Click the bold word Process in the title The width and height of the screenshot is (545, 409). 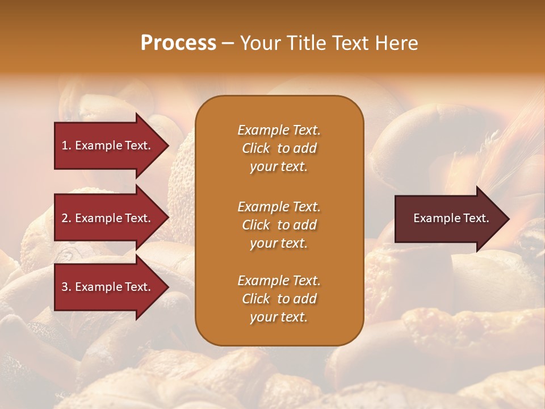(x=178, y=43)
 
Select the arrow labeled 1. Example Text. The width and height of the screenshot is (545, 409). (x=108, y=145)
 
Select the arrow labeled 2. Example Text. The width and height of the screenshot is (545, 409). (x=108, y=218)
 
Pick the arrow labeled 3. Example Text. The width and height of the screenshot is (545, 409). (x=108, y=287)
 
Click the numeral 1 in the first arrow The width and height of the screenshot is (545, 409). (x=65, y=145)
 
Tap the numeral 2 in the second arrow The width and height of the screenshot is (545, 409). (x=65, y=218)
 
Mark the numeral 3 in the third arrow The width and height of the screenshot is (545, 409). (x=65, y=287)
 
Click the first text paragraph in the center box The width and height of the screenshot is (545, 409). (x=279, y=148)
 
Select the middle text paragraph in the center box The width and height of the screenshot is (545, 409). (x=279, y=225)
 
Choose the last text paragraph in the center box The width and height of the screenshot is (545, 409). (x=279, y=299)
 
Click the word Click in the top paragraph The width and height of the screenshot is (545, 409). (x=255, y=148)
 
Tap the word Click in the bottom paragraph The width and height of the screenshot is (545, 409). (x=255, y=299)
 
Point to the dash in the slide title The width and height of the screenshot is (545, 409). (x=228, y=44)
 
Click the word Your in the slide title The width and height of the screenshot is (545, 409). (x=258, y=43)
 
